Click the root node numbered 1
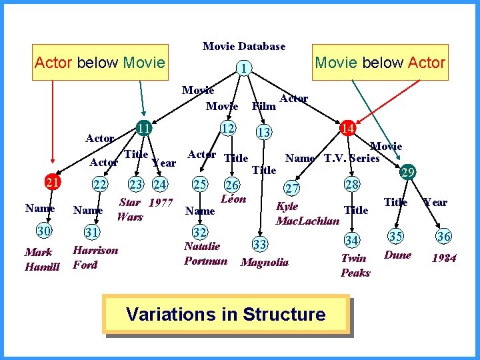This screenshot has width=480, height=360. click(x=245, y=68)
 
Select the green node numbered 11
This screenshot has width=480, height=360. click(x=143, y=127)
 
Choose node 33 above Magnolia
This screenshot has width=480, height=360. click(x=260, y=245)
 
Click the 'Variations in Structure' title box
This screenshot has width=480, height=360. click(x=225, y=313)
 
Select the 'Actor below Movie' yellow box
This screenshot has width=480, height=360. click(x=99, y=63)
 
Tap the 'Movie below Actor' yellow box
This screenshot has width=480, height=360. click(x=379, y=63)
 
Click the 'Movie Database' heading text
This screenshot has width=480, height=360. click(x=244, y=46)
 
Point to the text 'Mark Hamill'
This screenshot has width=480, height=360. click(x=42, y=259)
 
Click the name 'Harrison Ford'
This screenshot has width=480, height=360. click(x=95, y=257)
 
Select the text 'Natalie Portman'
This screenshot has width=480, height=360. click(x=205, y=253)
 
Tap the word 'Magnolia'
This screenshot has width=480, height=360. click(x=265, y=262)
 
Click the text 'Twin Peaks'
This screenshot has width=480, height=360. click(x=355, y=265)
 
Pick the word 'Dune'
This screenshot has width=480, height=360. click(x=398, y=255)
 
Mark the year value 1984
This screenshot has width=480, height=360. click(x=444, y=258)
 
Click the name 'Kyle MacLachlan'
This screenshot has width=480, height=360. click(x=307, y=213)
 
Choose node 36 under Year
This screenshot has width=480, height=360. click(x=444, y=235)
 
